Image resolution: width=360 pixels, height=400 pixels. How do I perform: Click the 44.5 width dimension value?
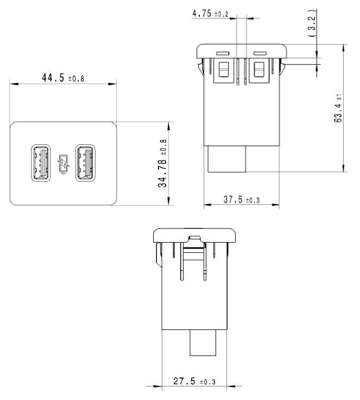point(53,78)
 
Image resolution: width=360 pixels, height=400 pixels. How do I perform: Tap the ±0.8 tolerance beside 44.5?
point(76,79)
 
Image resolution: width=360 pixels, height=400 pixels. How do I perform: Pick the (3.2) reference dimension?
point(311,23)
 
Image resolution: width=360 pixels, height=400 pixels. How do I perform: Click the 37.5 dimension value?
point(233,200)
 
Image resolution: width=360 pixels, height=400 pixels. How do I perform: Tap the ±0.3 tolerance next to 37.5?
point(252,201)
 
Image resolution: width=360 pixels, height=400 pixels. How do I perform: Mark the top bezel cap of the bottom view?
point(195,234)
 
